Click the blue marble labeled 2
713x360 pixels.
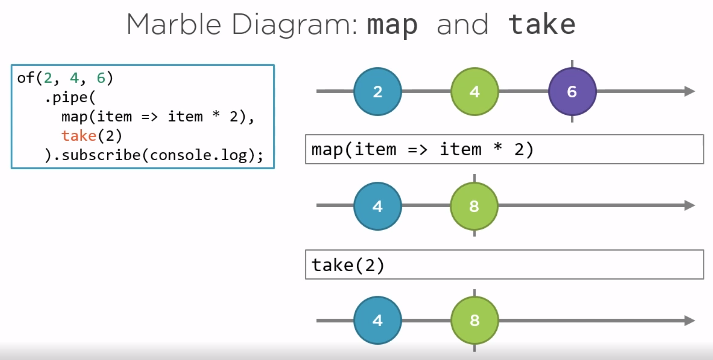pyautogui.click(x=378, y=91)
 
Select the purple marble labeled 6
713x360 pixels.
pyautogui.click(x=572, y=91)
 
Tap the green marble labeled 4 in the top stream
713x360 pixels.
pyautogui.click(x=475, y=91)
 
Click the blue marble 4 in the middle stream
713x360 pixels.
pyautogui.click(x=378, y=206)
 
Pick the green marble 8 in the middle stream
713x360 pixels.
pyautogui.click(x=474, y=206)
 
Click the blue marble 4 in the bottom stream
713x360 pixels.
pyautogui.click(x=378, y=320)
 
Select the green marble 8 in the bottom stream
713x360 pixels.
pyautogui.click(x=475, y=320)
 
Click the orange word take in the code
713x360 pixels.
pyautogui.click(x=79, y=136)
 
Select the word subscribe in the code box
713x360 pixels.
pyautogui.click(x=101, y=155)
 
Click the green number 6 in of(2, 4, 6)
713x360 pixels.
pyautogui.click(x=101, y=78)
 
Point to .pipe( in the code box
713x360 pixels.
pyautogui.click(x=70, y=98)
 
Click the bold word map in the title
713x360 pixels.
pyautogui.click(x=392, y=25)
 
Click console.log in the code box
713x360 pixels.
pyautogui.click(x=198, y=155)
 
